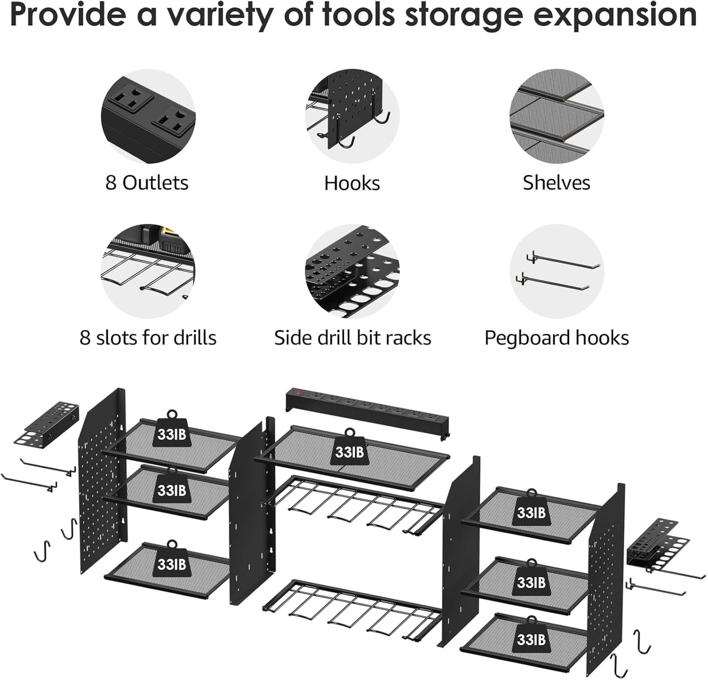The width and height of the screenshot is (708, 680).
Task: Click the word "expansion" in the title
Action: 614,16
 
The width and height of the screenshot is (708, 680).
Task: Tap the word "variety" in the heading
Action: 220,16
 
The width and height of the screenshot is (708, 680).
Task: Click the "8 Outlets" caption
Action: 146,183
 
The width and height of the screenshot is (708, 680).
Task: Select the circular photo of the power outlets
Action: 148,116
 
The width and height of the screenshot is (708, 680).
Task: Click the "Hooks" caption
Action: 352,183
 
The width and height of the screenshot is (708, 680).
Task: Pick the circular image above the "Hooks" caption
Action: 352,116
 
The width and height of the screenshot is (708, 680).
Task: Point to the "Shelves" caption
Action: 556,183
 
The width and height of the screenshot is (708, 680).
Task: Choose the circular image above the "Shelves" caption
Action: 557,116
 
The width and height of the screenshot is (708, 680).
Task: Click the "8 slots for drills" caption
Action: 148,338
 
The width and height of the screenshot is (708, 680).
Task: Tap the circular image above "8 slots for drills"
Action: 148,271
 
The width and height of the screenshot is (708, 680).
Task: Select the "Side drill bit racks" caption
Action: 352,338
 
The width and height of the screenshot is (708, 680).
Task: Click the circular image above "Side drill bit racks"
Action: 352,271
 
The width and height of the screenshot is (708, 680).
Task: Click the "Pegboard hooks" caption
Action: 557,338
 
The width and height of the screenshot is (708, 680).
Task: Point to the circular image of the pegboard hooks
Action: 557,271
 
